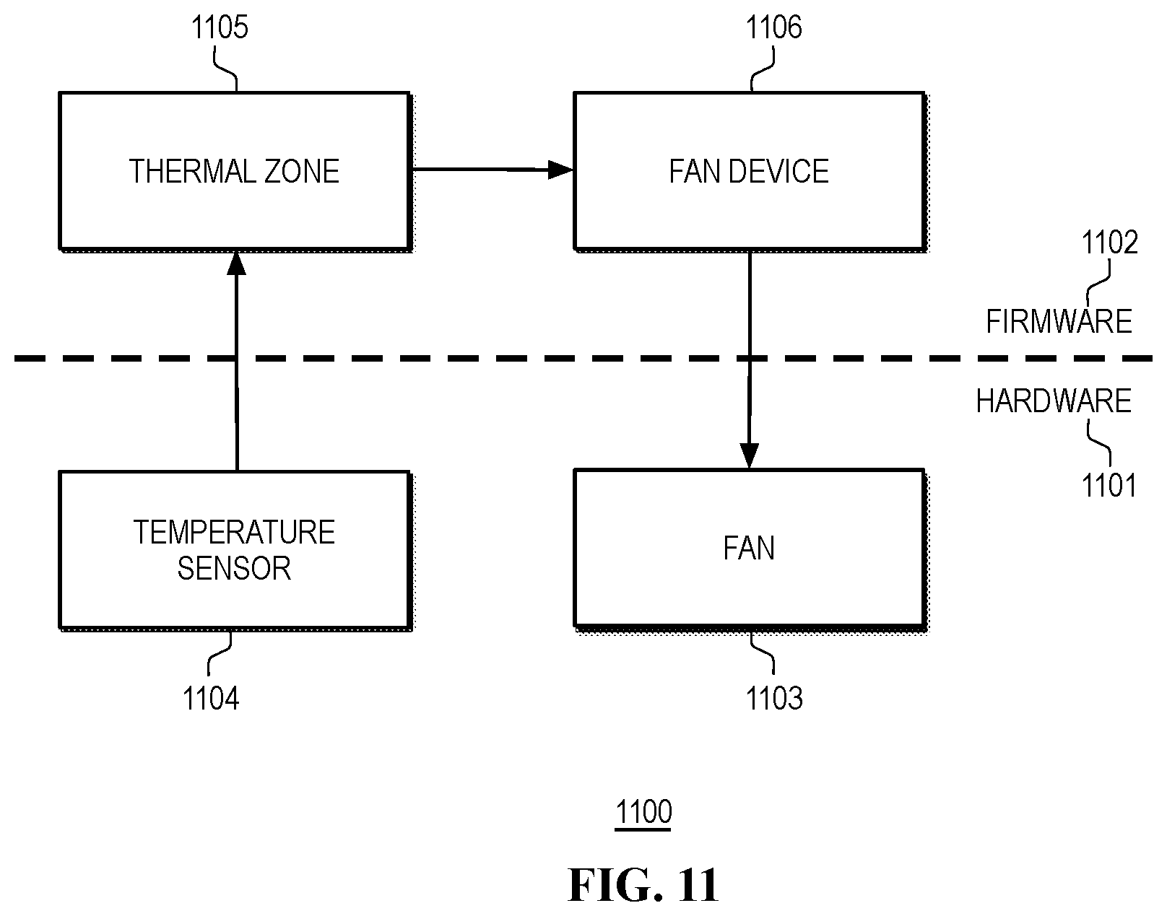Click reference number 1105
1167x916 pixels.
[220, 28]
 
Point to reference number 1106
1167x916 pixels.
[773, 28]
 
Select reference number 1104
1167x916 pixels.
[210, 698]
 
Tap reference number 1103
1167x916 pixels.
[773, 698]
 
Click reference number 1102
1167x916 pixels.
[1109, 243]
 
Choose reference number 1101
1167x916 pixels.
[1109, 486]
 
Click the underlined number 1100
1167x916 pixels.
[643, 813]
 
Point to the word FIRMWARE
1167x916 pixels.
[1059, 321]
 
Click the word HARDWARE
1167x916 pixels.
[1054, 401]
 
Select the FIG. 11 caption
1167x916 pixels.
[643, 885]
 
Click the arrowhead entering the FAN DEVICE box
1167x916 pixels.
[560, 170]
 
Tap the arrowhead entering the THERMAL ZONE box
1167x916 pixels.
[236, 264]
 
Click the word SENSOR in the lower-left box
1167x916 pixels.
[234, 568]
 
